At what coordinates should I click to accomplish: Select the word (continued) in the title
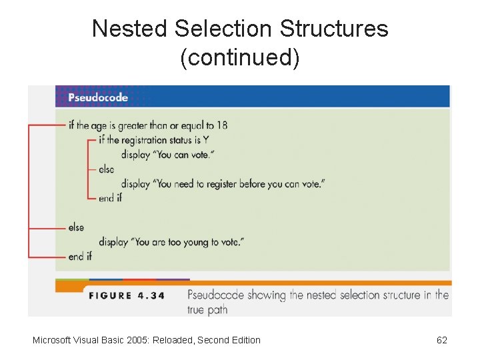click(x=240, y=58)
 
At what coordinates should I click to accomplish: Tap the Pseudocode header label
click(x=98, y=97)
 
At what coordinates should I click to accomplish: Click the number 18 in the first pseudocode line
click(x=221, y=125)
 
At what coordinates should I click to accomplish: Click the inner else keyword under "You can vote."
click(x=106, y=169)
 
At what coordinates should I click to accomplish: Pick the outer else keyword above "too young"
click(x=76, y=227)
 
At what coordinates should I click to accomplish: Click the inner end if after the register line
click(x=110, y=198)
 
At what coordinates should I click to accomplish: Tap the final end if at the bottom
click(x=80, y=257)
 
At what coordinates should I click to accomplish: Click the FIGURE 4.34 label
click(x=127, y=295)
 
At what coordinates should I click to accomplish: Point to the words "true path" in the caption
click(x=207, y=309)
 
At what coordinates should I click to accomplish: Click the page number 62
click(x=441, y=340)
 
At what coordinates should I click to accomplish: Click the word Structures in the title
click(x=334, y=29)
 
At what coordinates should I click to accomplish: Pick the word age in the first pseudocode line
click(x=99, y=125)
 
